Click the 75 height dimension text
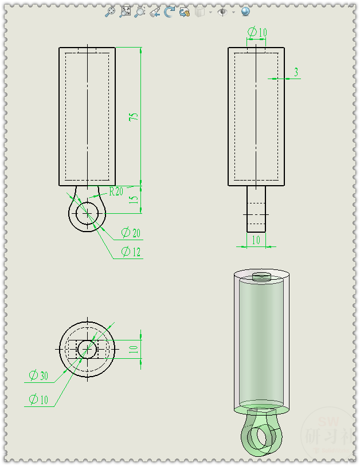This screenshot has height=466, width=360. (134, 116)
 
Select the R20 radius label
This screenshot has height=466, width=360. (115, 191)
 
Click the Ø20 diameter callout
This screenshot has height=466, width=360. (131, 233)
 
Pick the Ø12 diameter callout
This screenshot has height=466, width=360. (131, 252)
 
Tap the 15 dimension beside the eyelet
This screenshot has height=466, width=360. (134, 200)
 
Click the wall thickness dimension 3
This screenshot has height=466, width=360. (296, 72)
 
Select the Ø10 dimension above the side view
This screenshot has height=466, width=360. (257, 33)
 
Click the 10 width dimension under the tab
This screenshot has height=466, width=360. (256, 240)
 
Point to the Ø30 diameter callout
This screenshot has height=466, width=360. (39, 376)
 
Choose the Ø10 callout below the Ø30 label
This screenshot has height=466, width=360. (39, 400)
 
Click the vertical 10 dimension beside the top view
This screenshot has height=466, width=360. (134, 348)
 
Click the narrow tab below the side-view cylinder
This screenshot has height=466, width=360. (256, 209)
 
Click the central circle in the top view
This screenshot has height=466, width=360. (87, 348)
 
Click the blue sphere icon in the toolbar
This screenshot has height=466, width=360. (245, 11)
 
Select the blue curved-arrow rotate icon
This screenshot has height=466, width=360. (169, 11)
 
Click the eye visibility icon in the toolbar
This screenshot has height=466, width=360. (222, 11)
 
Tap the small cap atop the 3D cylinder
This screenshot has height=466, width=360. (262, 277)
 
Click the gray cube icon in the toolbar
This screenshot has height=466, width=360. (200, 11)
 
